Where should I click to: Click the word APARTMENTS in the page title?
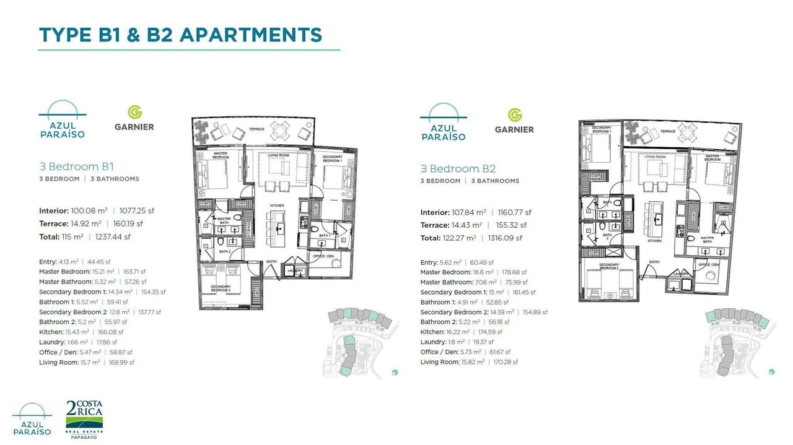[x=251, y=35]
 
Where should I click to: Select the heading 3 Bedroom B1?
[x=76, y=166]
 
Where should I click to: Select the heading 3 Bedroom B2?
[x=457, y=168]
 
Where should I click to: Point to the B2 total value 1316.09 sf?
[x=502, y=238]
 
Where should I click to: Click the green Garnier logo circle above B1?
[x=134, y=112]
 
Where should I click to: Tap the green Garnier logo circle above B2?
[x=514, y=115]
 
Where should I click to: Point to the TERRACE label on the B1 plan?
[x=256, y=129]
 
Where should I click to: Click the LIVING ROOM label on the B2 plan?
[x=655, y=157]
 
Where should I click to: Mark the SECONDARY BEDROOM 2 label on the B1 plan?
[x=221, y=288]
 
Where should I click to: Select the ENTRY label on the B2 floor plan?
[x=654, y=262]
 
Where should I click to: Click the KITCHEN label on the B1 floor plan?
[x=276, y=204]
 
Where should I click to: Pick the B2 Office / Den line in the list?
[x=469, y=352]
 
